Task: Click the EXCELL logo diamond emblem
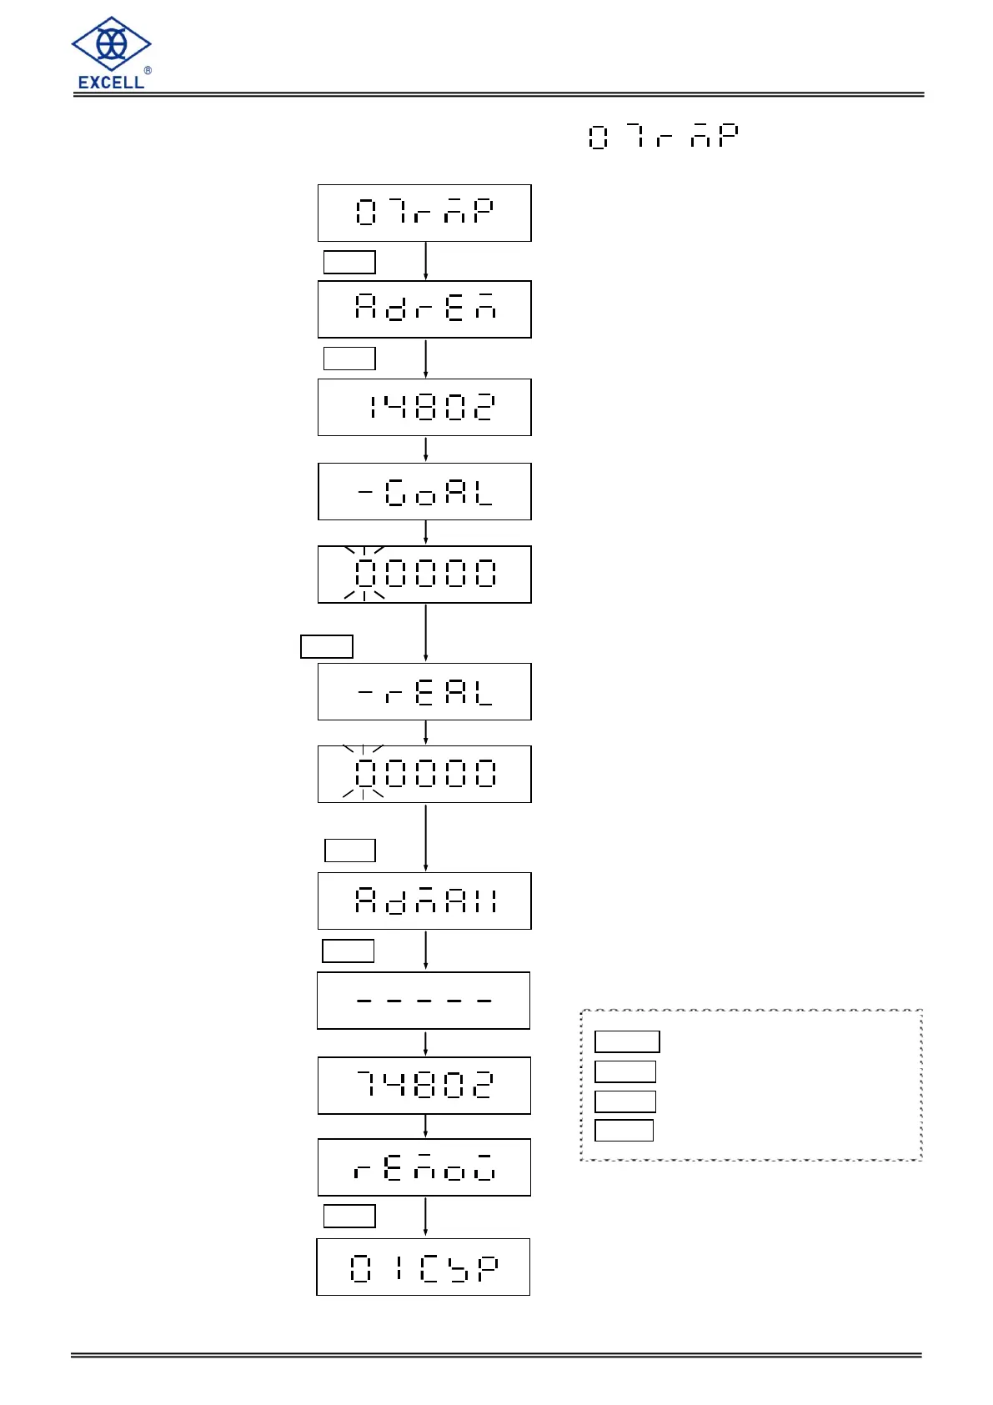(111, 43)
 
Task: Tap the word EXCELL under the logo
(111, 82)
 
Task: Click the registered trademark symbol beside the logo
(148, 71)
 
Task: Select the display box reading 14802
(424, 407)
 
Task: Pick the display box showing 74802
(424, 1085)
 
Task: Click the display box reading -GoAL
(424, 491)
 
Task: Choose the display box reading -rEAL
(424, 691)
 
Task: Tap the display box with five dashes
(424, 1000)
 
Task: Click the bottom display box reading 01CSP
(424, 1267)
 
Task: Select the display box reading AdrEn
(424, 309)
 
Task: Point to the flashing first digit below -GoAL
(365, 574)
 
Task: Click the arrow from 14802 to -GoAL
(425, 449)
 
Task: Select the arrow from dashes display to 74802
(425, 1042)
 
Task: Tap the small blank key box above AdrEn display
(349, 262)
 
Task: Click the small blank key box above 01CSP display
(349, 1216)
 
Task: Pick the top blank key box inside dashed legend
(627, 1041)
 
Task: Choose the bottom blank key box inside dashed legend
(624, 1130)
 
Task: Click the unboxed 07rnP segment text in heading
(663, 136)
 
